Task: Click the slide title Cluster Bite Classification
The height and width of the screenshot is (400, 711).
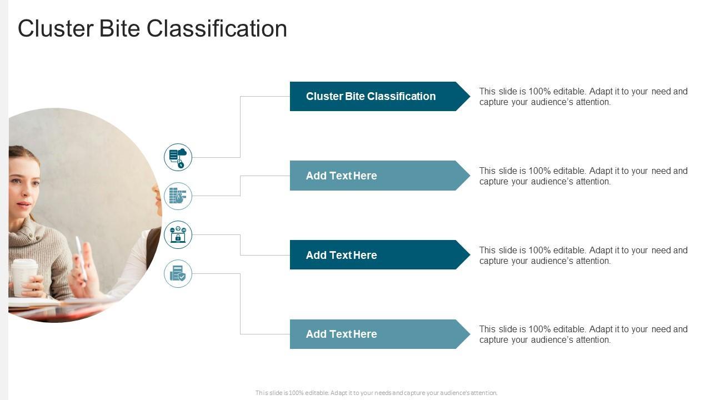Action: tap(152, 29)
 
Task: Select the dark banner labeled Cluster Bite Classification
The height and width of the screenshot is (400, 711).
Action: tap(370, 96)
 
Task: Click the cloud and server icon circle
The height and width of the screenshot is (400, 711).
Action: tap(178, 157)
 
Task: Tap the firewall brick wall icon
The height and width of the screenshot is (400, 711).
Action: tap(178, 196)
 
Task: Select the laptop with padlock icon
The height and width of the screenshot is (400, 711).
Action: tap(178, 234)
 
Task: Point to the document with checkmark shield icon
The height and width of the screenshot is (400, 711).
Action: tap(178, 273)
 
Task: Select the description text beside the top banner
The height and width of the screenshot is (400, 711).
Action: tap(583, 97)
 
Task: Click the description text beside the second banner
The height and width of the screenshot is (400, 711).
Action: tap(583, 176)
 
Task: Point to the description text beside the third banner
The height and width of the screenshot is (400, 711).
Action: tap(583, 256)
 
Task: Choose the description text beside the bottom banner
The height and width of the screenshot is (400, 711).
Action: tap(583, 334)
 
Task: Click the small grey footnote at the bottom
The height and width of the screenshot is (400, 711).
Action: tap(376, 393)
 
